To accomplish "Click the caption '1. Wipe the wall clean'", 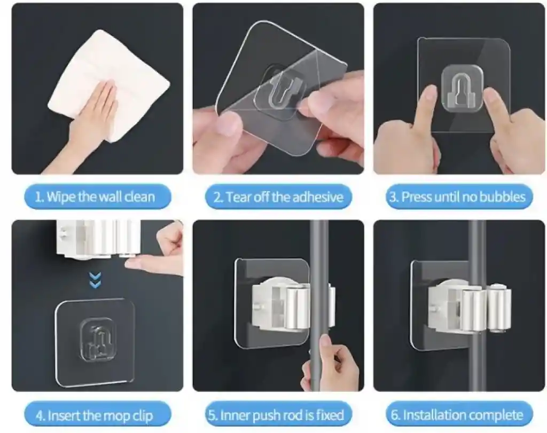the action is click(x=95, y=197).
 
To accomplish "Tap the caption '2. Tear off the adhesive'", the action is click(x=278, y=197).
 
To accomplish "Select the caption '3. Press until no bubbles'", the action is click(x=458, y=197).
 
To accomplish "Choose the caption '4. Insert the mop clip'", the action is click(x=95, y=415).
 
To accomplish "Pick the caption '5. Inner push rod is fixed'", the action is click(x=276, y=415).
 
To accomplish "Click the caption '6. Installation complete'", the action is click(x=457, y=415).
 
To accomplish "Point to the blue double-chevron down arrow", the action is click(x=95, y=281).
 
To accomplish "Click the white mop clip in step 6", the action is click(x=469, y=307).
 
